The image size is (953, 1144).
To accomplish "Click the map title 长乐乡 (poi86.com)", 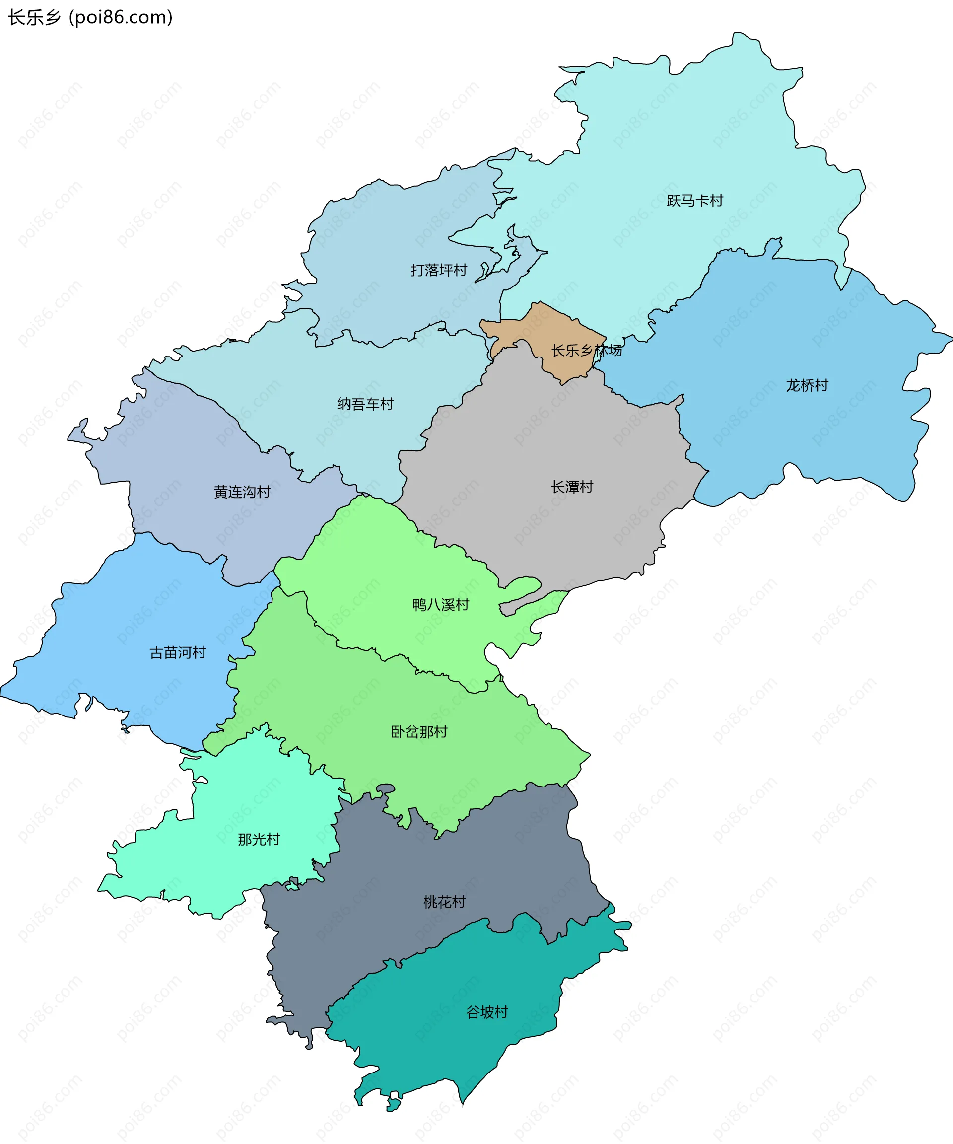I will pyautogui.click(x=90, y=17).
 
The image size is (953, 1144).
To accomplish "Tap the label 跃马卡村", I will pyautogui.click(x=695, y=201).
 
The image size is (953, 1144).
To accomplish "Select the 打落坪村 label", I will pyautogui.click(x=438, y=270).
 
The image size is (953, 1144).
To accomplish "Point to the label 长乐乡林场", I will pyautogui.click(x=586, y=350).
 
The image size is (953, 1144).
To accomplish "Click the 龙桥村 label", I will pyautogui.click(x=807, y=386).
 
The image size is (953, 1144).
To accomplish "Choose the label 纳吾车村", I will pyautogui.click(x=365, y=404).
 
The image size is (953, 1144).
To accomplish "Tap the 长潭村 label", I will pyautogui.click(x=572, y=487).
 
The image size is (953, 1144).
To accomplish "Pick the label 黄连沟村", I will pyautogui.click(x=242, y=492).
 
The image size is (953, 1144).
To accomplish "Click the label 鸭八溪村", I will pyautogui.click(x=441, y=605).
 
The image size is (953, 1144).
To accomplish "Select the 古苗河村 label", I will pyautogui.click(x=178, y=652).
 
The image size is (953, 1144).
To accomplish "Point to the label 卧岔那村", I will pyautogui.click(x=419, y=731).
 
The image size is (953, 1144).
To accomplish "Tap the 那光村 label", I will pyautogui.click(x=259, y=839).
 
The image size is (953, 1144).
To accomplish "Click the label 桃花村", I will pyautogui.click(x=444, y=902).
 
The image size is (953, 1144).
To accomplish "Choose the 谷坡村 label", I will pyautogui.click(x=487, y=1012).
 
